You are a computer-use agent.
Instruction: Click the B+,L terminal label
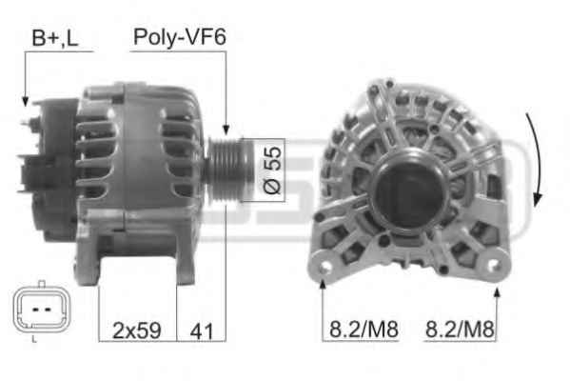[55, 38]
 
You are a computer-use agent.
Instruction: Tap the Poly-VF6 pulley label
[180, 37]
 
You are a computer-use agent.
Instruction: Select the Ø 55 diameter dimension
[272, 170]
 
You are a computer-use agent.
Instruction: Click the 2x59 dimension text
[137, 331]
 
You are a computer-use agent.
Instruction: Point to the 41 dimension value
[202, 331]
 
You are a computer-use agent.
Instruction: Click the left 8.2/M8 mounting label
[364, 330]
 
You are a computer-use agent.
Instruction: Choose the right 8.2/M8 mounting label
[460, 330]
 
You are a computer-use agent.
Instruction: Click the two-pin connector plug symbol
[42, 310]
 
